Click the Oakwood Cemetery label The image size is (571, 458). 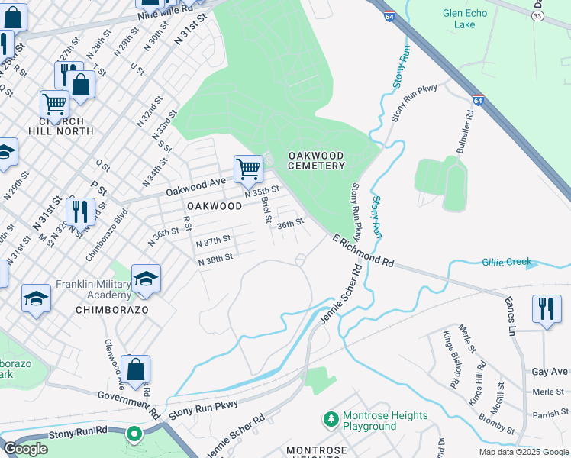[x=316, y=160]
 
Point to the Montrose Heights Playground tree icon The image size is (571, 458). [x=331, y=419]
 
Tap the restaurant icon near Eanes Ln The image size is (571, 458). [x=546, y=309]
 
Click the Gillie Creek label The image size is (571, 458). [x=507, y=262]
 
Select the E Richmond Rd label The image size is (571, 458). [x=363, y=250]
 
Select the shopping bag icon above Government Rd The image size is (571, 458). [x=135, y=369]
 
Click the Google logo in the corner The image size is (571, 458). [x=25, y=449]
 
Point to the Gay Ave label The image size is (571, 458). [x=550, y=371]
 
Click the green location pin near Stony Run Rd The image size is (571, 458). [x=134, y=435]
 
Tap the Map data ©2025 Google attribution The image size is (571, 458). [x=523, y=452]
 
